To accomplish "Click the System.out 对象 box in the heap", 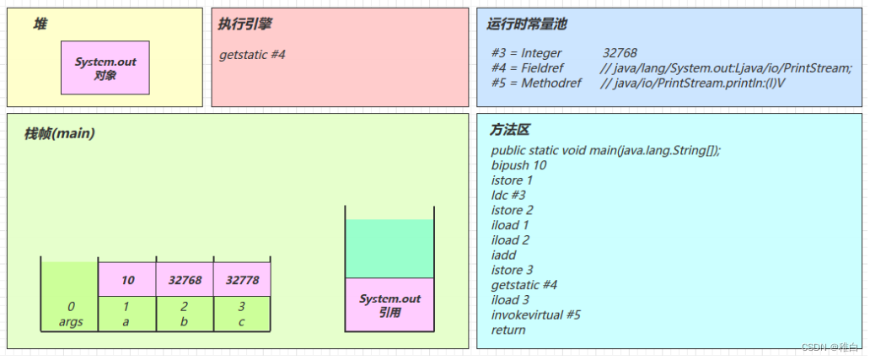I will pos(105,68).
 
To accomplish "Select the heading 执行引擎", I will pos(244,24).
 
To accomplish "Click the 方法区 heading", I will pos(510,130).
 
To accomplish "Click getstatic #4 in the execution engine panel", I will pos(253,55).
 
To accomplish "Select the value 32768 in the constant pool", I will pos(620,53).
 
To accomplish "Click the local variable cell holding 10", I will pos(128,279).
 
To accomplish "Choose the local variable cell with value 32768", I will pos(185,279).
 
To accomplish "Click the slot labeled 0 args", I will pos(71,313).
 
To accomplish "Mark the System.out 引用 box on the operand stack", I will pos(389,305).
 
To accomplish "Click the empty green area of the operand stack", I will pos(389,249).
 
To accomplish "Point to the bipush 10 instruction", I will pos(518,165).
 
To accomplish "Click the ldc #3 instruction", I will pos(508,195).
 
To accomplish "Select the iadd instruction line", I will pos(503,255).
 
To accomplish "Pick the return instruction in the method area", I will pos(508,330).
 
